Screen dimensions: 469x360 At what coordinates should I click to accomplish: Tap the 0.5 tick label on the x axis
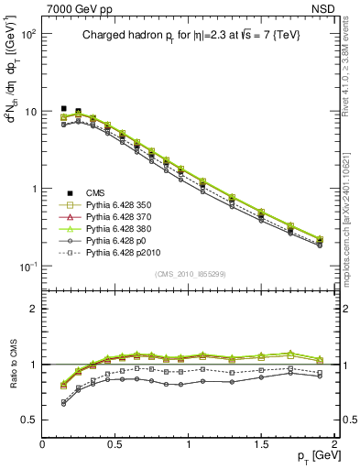(x=115, y=444)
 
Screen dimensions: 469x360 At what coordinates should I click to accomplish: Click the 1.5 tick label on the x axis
(x=261, y=444)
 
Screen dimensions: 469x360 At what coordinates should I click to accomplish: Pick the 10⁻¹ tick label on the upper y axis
(x=28, y=266)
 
